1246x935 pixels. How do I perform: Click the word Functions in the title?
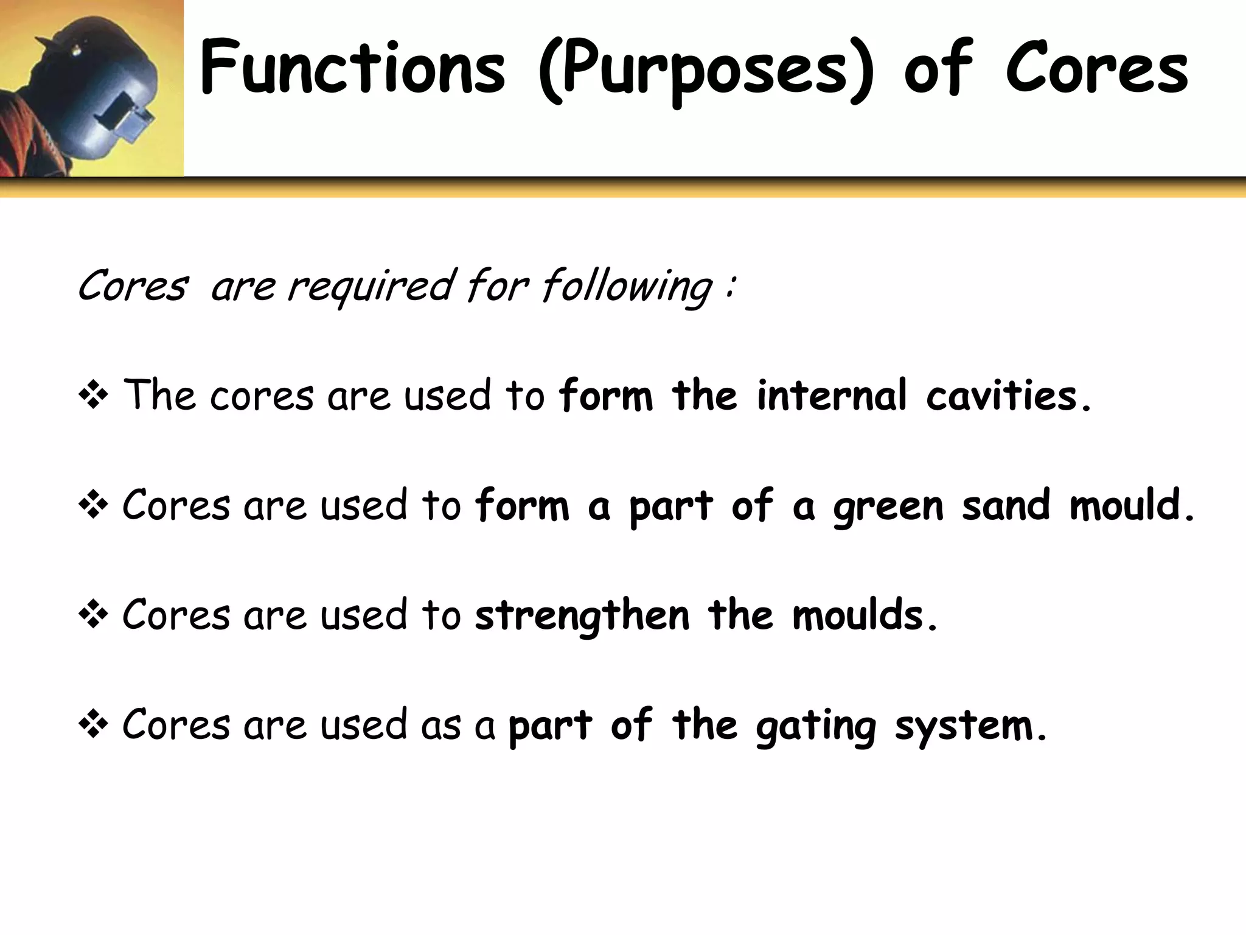click(352, 68)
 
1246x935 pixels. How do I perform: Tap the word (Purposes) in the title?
click(706, 70)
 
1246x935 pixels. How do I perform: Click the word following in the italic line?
click(627, 285)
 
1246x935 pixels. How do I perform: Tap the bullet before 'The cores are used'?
click(93, 396)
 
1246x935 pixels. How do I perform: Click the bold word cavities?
click(1001, 396)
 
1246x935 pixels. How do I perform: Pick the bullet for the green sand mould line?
click(93, 505)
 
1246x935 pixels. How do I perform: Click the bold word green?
click(888, 506)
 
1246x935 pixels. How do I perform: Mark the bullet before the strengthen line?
click(93, 615)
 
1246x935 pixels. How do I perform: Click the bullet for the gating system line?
click(93, 725)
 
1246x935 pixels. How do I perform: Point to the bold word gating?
click(816, 726)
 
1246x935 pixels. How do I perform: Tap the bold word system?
click(964, 726)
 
